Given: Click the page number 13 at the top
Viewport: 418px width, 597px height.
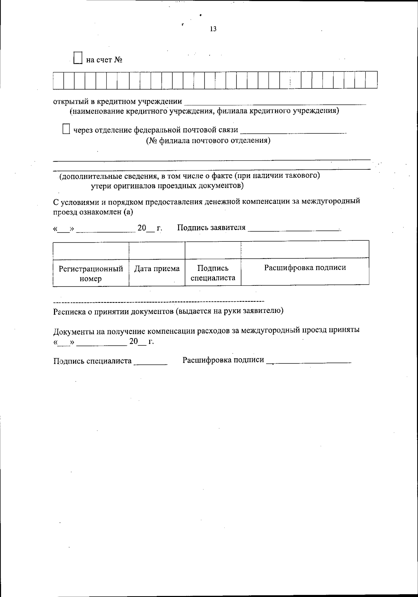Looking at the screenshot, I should click(x=213, y=29).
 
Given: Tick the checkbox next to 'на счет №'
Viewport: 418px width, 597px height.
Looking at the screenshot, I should click(x=78, y=58).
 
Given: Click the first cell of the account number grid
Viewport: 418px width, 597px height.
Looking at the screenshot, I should click(x=59, y=80).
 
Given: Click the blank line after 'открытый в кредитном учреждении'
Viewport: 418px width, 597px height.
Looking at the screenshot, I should click(x=275, y=102).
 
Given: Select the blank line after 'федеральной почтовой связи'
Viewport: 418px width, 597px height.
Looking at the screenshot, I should click(x=293, y=131).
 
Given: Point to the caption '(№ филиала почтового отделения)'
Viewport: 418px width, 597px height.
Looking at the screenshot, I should click(x=208, y=140).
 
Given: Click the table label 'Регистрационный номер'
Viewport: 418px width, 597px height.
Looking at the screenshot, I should click(x=91, y=273).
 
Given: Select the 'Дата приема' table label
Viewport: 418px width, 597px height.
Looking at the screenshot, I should click(x=157, y=268).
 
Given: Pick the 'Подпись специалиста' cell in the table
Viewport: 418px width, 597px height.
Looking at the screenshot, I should click(x=213, y=273).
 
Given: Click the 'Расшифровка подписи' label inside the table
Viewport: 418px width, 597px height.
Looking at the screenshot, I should click(x=305, y=268).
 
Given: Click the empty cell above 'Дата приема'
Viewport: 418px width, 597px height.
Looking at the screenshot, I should click(x=157, y=250).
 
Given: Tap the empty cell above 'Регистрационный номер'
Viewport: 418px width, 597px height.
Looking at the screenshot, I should click(x=91, y=250).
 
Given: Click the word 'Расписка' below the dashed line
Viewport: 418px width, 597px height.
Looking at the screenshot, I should click(x=69, y=311).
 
